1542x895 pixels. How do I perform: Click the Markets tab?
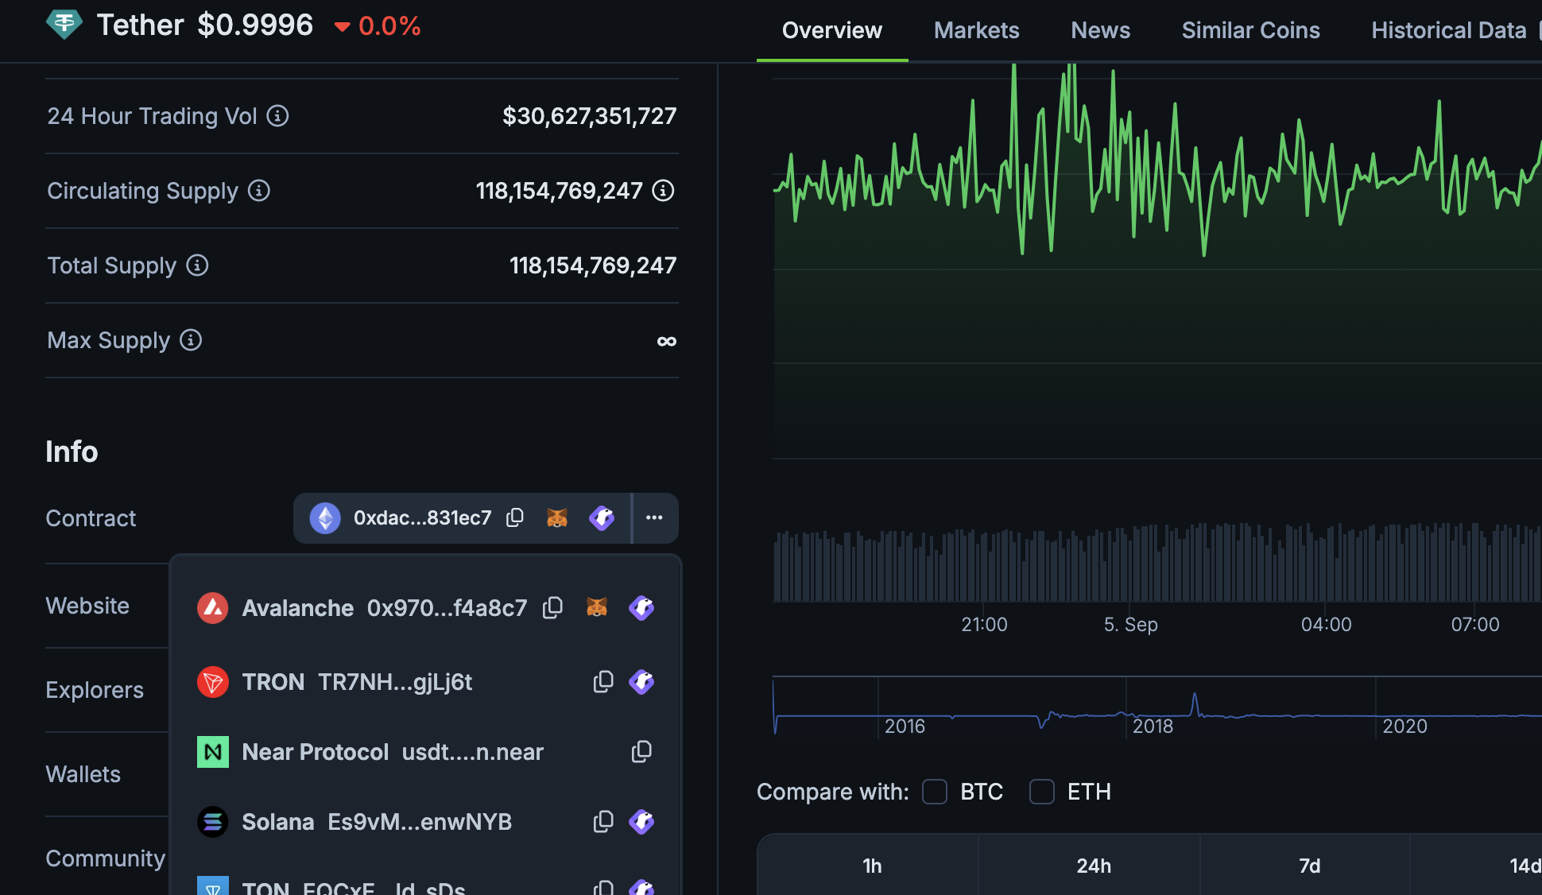tap(976, 30)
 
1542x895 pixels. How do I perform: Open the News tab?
tap(1100, 30)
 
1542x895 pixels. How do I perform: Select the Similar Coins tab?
tap(1250, 30)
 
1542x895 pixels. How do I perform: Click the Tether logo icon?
tap(64, 25)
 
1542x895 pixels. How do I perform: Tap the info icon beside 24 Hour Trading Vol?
tap(277, 116)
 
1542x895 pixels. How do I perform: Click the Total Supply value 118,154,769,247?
tap(592, 265)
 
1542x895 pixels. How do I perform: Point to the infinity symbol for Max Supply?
tap(666, 341)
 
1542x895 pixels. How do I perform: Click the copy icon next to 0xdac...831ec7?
tap(515, 518)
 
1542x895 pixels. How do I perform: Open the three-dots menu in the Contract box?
tap(654, 518)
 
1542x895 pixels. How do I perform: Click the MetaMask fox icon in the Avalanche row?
tap(597, 608)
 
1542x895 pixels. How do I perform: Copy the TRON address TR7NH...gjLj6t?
tap(603, 682)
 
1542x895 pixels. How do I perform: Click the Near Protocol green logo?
tap(213, 752)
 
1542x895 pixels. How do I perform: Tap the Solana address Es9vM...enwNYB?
tap(420, 822)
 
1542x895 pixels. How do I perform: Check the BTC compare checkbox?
tap(935, 792)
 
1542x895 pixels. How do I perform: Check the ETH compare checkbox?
tap(1042, 792)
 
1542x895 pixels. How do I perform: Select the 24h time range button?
tap(1094, 866)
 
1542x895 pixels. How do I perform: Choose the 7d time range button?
tap(1309, 866)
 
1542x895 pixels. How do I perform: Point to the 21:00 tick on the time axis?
tap(984, 625)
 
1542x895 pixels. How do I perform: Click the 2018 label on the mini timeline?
tap(1153, 726)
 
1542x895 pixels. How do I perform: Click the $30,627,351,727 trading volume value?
tap(589, 116)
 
